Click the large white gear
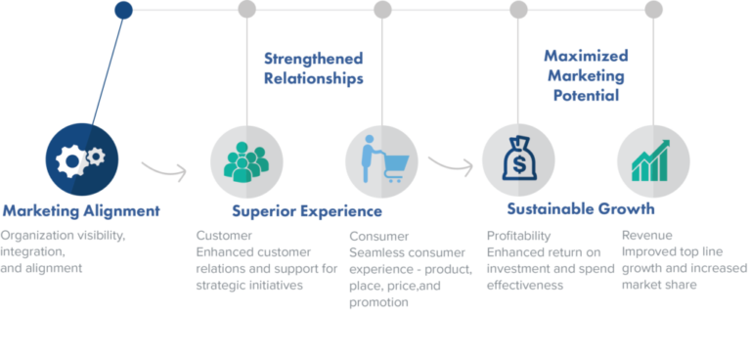pos(70,161)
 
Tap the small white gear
pos(96,156)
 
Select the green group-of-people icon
pos(246,161)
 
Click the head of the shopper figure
pos(370,140)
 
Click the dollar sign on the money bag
pos(519,165)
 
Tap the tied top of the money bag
pos(518,142)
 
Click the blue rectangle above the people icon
pos(322,87)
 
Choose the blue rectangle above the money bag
pos(596,86)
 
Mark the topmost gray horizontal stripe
pos(375,236)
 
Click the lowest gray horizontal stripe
pos(375,303)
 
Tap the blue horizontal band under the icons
pos(375,210)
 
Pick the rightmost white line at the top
pos(586,10)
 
